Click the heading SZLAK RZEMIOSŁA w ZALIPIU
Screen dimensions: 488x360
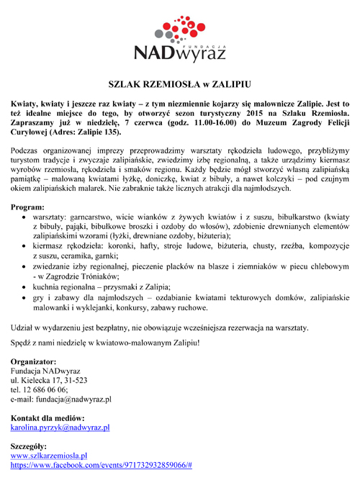click(180, 83)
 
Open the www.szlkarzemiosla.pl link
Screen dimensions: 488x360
click(49, 456)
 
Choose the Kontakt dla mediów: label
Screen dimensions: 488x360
click(48, 417)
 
